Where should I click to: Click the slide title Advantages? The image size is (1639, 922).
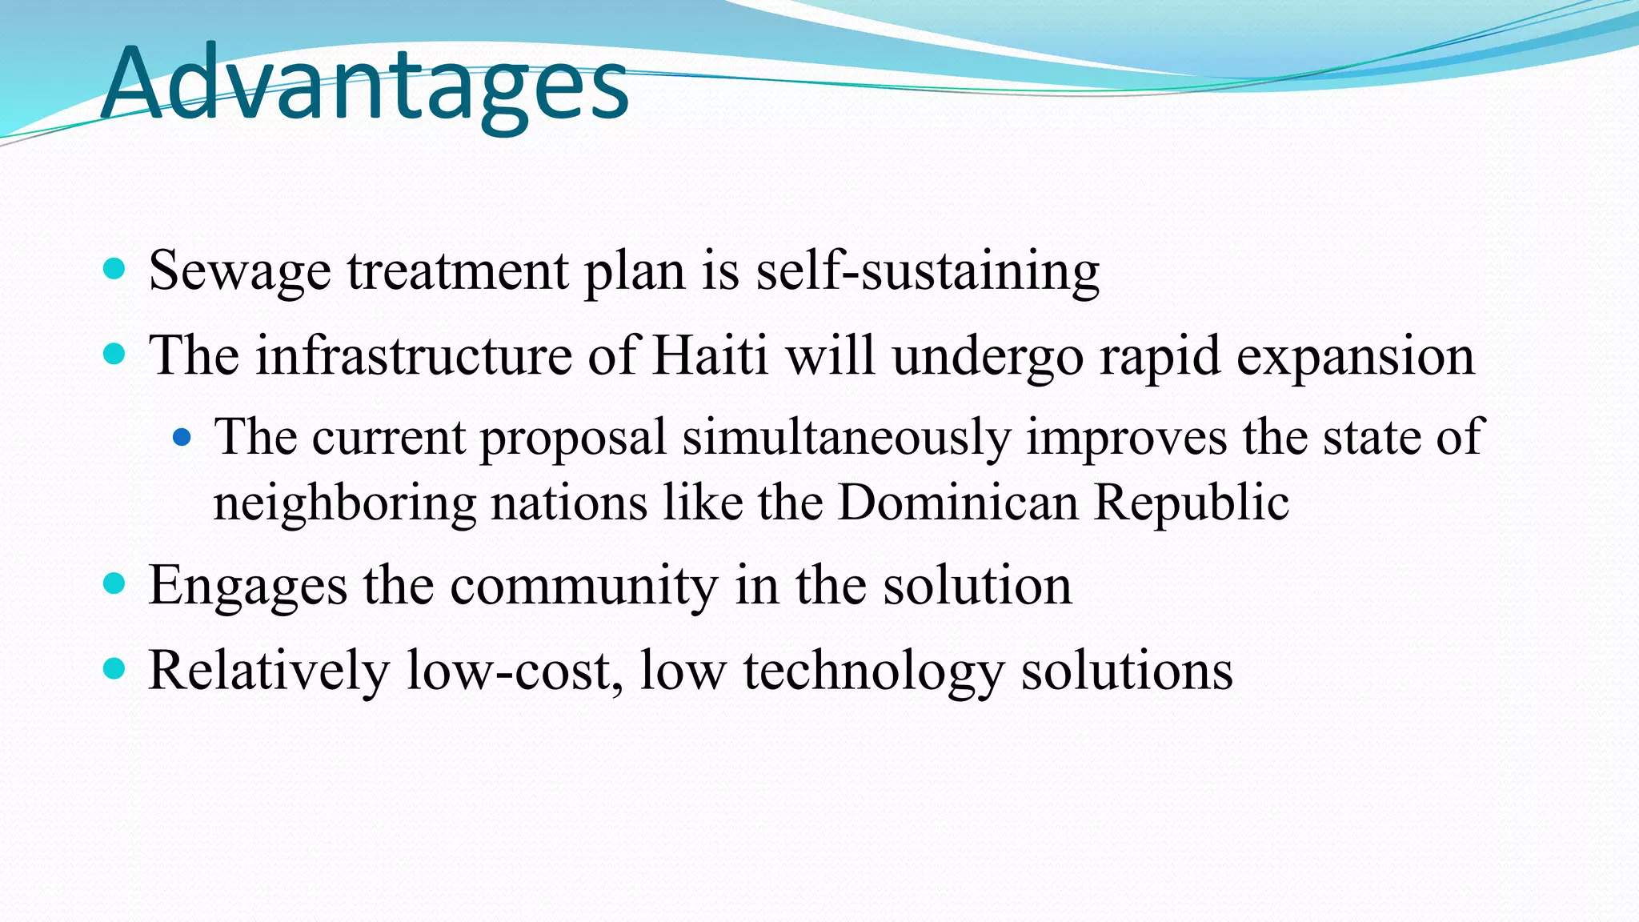click(x=365, y=84)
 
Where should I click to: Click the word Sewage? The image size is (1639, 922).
click(x=239, y=271)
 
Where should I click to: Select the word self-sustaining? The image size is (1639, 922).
click(x=928, y=271)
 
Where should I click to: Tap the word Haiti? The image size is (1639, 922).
click(x=710, y=355)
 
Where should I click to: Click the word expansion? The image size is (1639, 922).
click(x=1355, y=357)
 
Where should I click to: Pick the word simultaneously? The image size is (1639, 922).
click(x=846, y=439)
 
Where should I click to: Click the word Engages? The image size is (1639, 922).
click(x=247, y=587)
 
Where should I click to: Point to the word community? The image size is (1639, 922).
click(x=583, y=587)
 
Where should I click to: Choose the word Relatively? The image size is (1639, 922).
click(x=268, y=671)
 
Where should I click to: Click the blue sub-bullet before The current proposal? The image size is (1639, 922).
click(x=182, y=437)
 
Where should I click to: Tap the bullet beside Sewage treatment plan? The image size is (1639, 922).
click(x=115, y=268)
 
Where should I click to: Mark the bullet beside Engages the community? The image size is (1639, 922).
click(x=115, y=583)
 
